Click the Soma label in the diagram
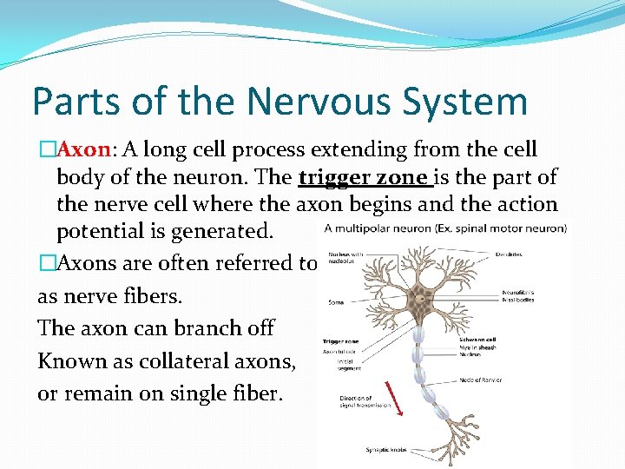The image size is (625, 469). (x=336, y=302)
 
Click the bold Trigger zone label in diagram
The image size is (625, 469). (x=340, y=342)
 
